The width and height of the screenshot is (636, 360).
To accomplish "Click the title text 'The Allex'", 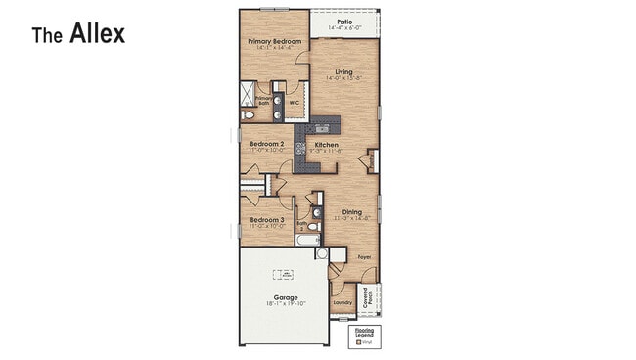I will point(78,35).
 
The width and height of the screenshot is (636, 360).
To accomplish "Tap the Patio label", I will point(344,21).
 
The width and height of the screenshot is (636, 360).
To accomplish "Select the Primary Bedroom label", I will point(273,41).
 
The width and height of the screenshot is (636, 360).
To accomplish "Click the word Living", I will point(343,71).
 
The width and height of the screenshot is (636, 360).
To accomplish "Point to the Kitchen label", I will point(326,145).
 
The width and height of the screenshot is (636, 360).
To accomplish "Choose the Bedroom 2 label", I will point(266,144).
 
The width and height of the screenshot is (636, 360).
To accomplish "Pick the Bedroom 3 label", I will point(266,220).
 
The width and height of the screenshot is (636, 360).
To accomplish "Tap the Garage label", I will point(285,296).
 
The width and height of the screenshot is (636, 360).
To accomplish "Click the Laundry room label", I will point(341,302).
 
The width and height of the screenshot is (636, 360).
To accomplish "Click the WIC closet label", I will point(294,100).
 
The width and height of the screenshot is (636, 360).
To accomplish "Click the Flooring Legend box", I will point(364,337).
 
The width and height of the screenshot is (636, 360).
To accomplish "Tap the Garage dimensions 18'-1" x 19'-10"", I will point(285,304).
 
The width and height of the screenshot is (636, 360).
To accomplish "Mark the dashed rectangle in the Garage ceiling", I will point(285,275).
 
